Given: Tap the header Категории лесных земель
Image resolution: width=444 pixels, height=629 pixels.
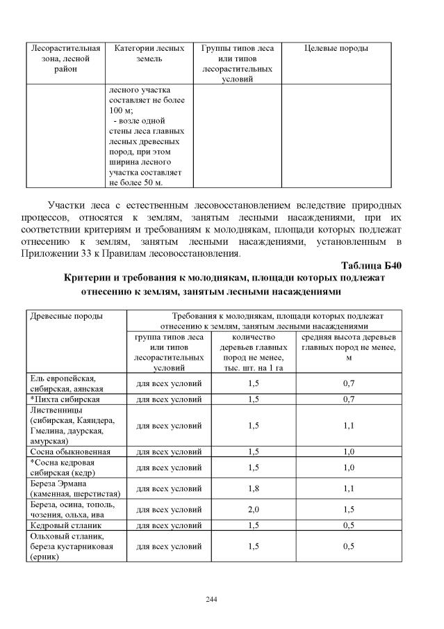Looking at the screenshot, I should [x=149, y=54].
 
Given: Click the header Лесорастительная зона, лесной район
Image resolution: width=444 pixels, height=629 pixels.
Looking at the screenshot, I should [x=66, y=59].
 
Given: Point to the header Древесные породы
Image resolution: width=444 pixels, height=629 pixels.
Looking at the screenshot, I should [x=67, y=316].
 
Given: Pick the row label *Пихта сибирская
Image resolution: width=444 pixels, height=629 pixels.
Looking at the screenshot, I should [x=66, y=399].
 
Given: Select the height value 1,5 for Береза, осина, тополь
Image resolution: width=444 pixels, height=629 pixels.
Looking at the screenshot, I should [x=348, y=509].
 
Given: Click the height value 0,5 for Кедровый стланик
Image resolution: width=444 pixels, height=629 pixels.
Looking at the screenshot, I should [x=348, y=525].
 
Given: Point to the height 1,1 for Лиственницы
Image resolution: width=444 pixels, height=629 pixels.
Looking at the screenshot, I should [x=348, y=425].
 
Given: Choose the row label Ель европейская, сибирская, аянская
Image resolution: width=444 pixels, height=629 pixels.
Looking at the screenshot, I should [x=66, y=383].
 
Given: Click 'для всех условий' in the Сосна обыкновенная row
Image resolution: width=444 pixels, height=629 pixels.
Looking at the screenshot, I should [x=168, y=452].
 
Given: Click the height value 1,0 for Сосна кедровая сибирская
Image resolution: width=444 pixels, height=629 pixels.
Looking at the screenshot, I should [x=348, y=468].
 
